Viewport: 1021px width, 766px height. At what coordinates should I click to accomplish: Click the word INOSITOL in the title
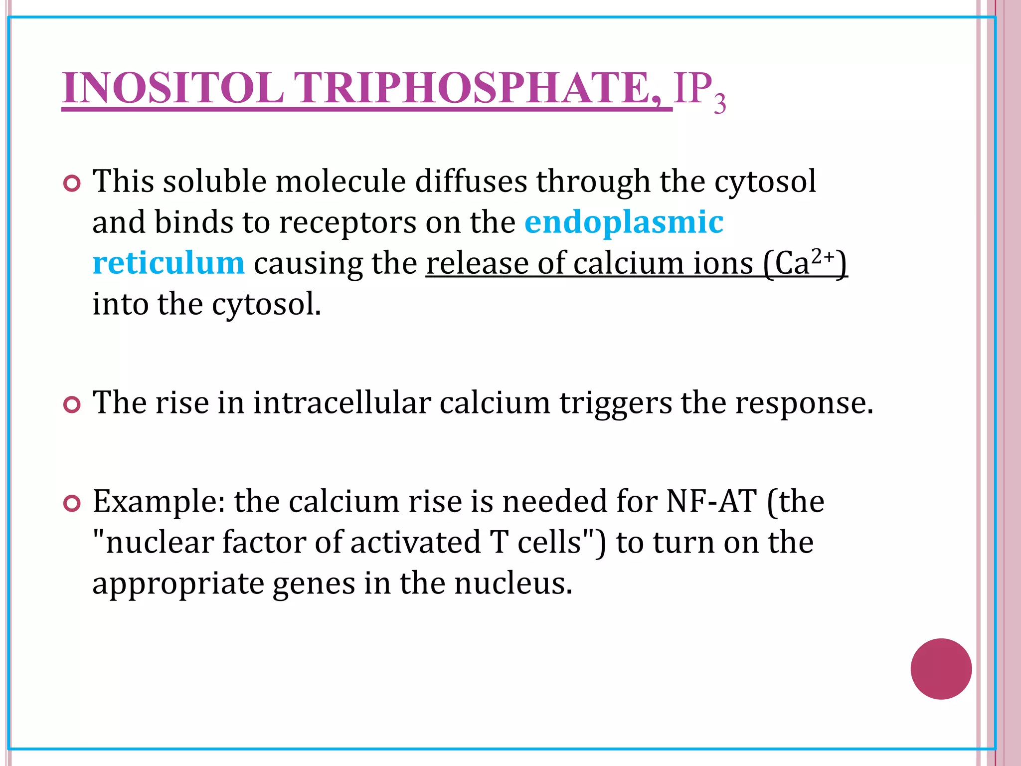point(172,88)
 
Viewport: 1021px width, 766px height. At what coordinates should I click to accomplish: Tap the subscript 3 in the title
point(719,104)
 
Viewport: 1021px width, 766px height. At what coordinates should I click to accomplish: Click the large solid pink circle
point(941,669)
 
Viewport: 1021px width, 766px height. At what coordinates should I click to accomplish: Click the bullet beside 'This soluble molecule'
point(72,184)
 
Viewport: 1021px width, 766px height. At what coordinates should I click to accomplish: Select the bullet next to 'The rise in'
point(72,404)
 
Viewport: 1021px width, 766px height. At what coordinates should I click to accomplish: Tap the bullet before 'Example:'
point(72,504)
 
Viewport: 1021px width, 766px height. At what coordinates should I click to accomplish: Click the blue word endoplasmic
point(624,222)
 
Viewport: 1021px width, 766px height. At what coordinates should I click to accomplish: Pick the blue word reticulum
point(169,263)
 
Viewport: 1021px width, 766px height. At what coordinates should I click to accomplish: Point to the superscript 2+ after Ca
point(823,256)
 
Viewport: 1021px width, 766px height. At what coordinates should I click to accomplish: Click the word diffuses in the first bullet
point(471,181)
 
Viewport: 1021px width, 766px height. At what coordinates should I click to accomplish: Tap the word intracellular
point(342,402)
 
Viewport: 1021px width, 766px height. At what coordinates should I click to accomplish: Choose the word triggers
point(616,403)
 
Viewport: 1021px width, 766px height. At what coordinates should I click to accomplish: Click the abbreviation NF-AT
point(712,501)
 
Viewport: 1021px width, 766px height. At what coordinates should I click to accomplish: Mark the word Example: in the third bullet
point(159,502)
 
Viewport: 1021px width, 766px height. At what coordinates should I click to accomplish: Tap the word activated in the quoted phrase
point(415,543)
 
